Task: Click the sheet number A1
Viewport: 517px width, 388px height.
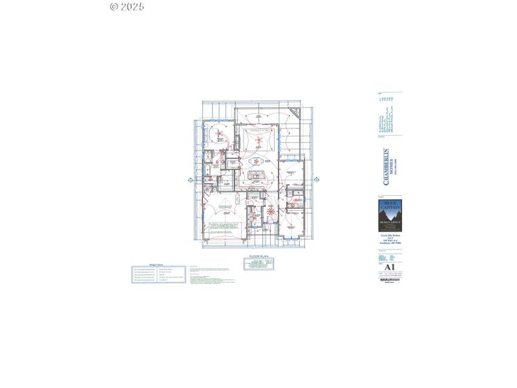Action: (x=389, y=267)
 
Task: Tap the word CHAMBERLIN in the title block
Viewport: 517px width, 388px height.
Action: (x=386, y=167)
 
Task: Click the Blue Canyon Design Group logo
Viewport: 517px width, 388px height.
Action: (x=390, y=214)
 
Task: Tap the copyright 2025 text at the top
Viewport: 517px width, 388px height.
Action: (x=127, y=6)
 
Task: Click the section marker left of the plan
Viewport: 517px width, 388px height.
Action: (x=191, y=180)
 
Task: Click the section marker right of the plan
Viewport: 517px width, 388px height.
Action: (x=317, y=180)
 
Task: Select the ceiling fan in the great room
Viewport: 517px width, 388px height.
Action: (x=258, y=140)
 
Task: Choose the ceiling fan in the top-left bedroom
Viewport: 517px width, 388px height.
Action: (x=219, y=135)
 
